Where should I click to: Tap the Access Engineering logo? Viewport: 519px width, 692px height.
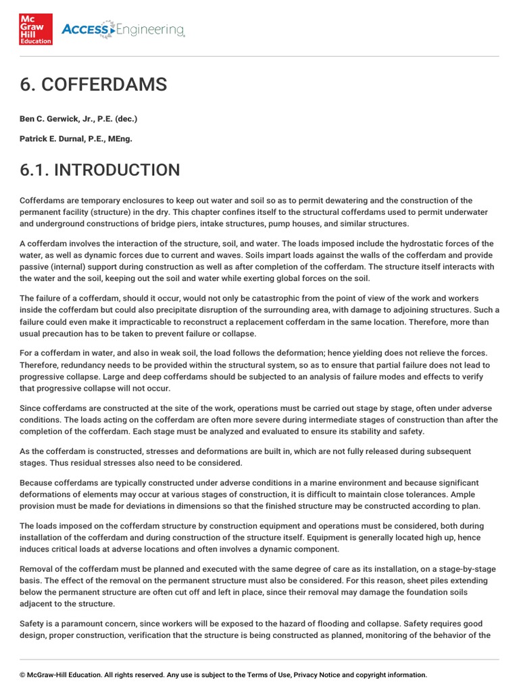click(123, 29)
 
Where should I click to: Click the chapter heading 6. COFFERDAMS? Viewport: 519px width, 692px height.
click(93, 85)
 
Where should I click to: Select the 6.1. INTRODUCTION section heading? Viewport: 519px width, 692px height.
click(100, 169)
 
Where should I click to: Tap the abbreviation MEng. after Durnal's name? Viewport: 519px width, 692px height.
click(120, 139)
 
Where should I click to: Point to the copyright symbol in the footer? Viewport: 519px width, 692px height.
click(22, 674)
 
